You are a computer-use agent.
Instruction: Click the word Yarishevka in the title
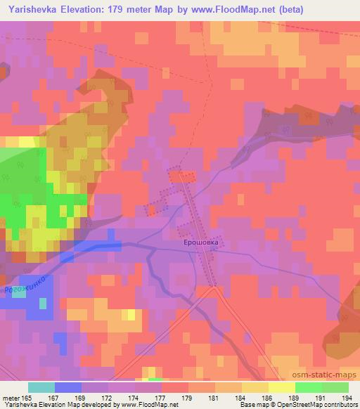pyautogui.click(x=34, y=10)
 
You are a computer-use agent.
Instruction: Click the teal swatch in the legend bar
pyautogui.click(x=41, y=387)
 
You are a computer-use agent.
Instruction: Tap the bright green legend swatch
pyautogui.click(x=309, y=387)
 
